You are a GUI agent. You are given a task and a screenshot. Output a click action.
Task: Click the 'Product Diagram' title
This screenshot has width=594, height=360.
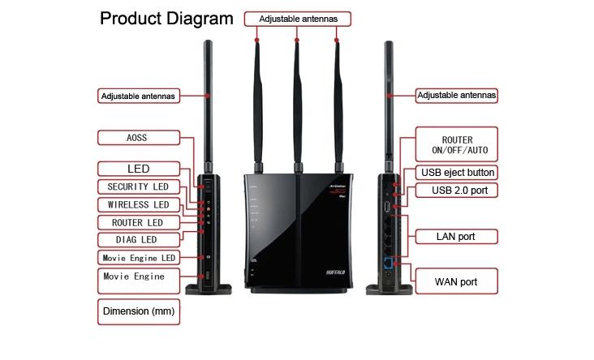coord(166,19)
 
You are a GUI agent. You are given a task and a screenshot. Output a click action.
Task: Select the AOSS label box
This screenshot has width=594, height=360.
coord(136,138)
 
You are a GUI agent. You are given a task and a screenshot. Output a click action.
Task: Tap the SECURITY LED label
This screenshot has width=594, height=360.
coord(137,186)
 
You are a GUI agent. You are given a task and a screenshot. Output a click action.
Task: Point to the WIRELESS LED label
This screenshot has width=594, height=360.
coord(137,204)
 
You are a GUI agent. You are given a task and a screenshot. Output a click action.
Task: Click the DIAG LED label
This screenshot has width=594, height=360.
coord(137,240)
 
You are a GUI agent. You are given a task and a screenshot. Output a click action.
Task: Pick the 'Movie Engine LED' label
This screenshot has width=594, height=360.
coord(137,258)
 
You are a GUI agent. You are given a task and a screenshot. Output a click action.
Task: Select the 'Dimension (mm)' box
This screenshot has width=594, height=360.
coord(138,311)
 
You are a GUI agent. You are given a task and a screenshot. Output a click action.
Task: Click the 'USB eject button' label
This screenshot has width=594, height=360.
coord(457,173)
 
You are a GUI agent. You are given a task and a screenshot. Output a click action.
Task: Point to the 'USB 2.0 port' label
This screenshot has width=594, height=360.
coord(457,191)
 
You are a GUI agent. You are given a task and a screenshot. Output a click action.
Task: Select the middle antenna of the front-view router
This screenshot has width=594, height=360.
coord(297,97)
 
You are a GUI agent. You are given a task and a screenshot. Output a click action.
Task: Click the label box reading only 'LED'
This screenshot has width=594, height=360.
coord(138,169)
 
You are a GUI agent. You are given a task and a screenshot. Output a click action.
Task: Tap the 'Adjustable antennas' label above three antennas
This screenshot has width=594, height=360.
coord(297,18)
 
